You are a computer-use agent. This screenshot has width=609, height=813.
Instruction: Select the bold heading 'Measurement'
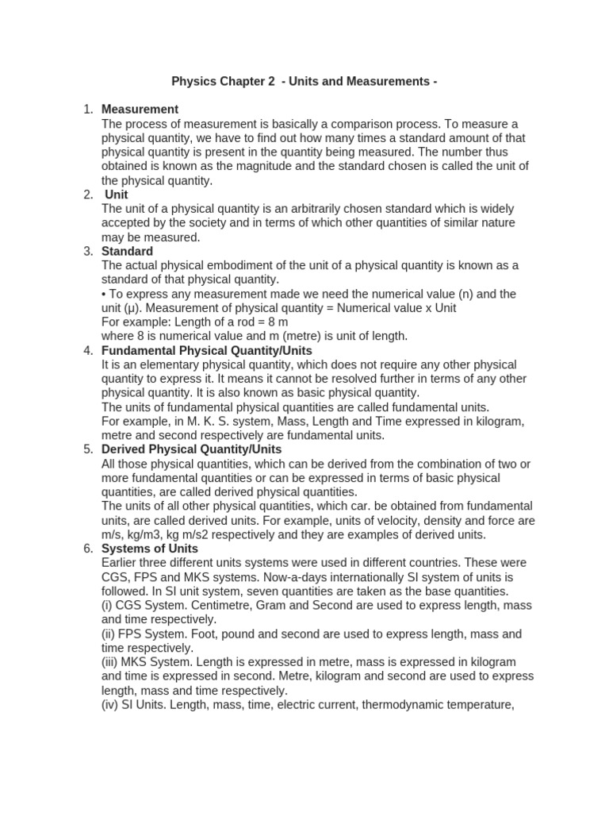tap(140, 109)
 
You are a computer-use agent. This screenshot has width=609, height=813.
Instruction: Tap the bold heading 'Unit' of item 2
tap(116, 195)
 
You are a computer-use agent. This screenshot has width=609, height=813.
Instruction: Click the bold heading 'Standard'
tap(127, 252)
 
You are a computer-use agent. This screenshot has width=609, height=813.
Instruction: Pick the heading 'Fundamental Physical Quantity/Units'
tap(207, 350)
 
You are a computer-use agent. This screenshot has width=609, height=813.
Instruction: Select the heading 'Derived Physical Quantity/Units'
tap(192, 449)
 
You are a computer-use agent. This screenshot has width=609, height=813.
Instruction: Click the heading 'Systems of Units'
tap(150, 549)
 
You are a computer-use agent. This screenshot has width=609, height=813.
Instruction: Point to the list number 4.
tap(88, 350)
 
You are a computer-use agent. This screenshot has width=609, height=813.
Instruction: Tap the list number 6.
tap(88, 549)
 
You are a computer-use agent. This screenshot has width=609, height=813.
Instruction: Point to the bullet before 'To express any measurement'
tap(105, 294)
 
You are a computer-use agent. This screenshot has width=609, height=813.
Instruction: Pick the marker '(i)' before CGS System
tap(108, 606)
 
